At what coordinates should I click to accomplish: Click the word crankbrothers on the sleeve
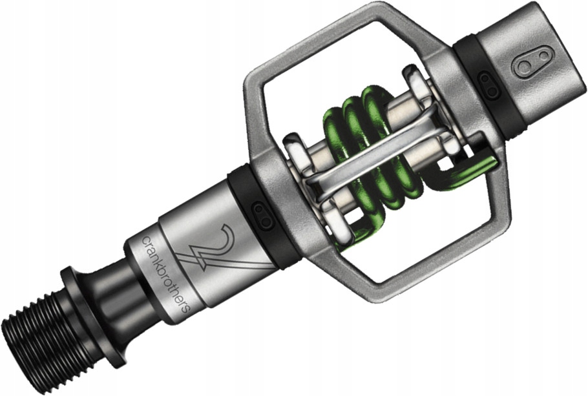pyautogui.click(x=165, y=272)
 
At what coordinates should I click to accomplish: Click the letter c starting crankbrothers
pyautogui.click(x=145, y=240)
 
